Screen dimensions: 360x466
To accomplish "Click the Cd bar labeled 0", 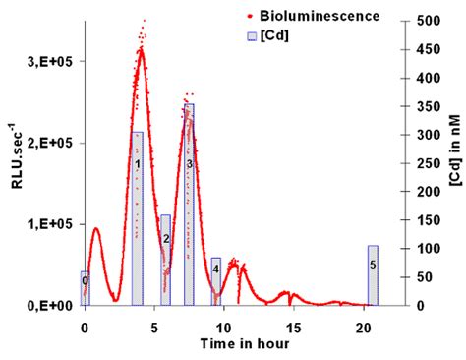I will [x=85, y=288].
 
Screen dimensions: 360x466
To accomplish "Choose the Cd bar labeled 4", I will [x=215, y=281].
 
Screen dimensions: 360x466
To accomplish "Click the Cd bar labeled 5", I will [x=373, y=275].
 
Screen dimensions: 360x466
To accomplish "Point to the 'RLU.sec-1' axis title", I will [x=13, y=162].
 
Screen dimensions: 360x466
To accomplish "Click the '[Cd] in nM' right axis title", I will [x=454, y=162].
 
